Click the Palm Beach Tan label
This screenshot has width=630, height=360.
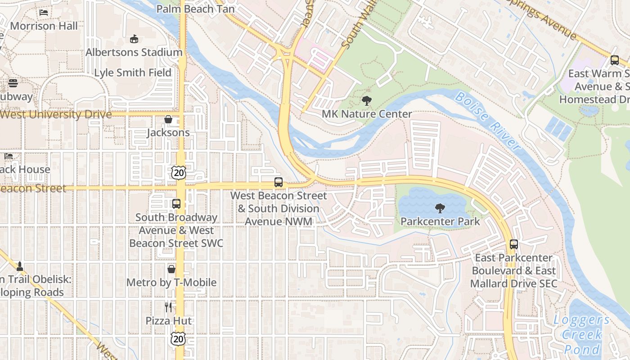pos(195,9)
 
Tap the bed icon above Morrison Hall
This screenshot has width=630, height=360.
pos(44,12)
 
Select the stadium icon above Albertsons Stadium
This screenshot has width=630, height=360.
pos(134,39)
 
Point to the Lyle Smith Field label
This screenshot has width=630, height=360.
pos(133,72)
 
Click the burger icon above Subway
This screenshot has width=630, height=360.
pos(13,83)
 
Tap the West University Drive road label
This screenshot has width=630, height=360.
pos(56,114)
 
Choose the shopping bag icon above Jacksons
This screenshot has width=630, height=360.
pos(168,119)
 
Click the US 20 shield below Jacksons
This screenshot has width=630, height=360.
pos(178,172)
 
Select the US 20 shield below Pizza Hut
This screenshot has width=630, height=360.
pos(178,338)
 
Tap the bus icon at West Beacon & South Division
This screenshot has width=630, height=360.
pos(279,182)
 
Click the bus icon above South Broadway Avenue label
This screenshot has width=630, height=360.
pos(176,203)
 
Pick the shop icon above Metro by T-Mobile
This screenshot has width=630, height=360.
pos(171,269)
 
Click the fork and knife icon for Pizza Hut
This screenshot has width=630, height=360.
pos(168,307)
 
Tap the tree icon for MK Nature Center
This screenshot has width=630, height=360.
pos(367,101)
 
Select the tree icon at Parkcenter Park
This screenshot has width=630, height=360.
pos(440,208)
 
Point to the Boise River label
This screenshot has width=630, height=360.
pos(487,120)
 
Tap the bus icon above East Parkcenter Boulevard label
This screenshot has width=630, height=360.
pos(514,244)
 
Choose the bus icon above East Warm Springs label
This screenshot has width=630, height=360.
pos(615,60)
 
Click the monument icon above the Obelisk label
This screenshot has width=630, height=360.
pos(19,266)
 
